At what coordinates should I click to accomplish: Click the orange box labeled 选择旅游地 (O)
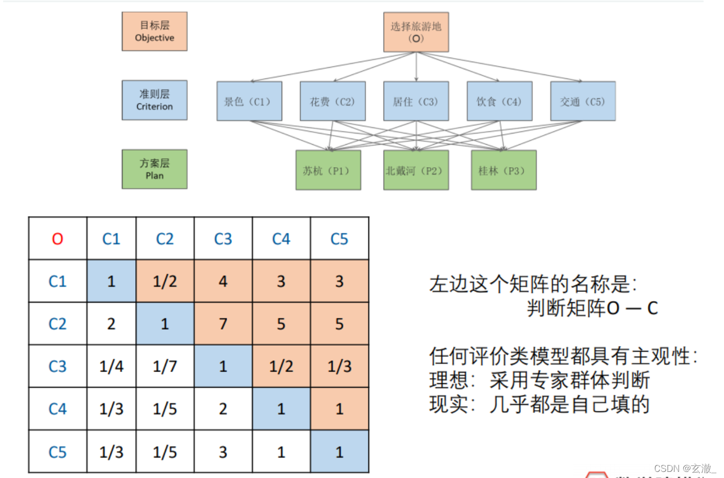click(416, 32)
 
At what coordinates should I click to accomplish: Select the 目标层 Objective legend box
click(155, 32)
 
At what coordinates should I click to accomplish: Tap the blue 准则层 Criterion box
click(155, 100)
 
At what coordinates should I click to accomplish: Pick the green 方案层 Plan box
click(155, 169)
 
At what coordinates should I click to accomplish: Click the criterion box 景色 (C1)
click(249, 101)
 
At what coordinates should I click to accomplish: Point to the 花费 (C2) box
click(333, 101)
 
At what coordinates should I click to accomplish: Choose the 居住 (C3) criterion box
click(416, 101)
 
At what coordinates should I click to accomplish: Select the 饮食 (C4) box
click(500, 101)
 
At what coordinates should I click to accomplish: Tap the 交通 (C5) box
click(583, 101)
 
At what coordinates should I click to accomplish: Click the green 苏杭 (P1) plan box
click(328, 170)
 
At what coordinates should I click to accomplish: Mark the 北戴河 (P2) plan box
click(416, 170)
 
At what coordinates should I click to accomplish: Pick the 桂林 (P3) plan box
click(504, 170)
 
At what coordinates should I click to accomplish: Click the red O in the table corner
click(58, 238)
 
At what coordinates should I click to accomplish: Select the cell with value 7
click(223, 324)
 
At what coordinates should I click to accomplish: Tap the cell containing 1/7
click(165, 366)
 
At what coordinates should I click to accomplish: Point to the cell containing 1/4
click(111, 366)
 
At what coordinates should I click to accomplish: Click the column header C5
click(339, 238)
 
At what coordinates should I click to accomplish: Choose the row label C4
click(58, 409)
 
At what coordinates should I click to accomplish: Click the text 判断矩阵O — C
click(592, 308)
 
